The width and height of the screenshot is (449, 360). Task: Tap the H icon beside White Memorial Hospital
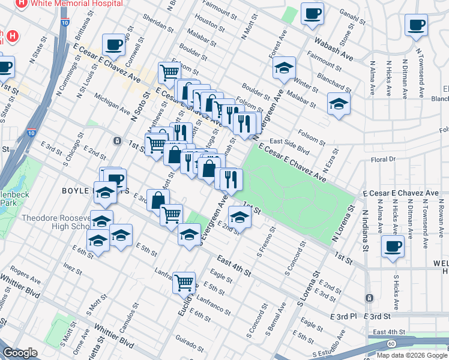(22, 3)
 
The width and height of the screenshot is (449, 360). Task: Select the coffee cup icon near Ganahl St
(312, 13)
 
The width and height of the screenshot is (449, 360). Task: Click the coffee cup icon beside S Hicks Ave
(393, 246)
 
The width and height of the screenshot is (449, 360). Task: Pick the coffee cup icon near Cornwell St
(113, 44)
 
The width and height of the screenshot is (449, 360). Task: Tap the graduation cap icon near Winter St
(285, 67)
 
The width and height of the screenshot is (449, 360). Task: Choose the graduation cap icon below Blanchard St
(339, 103)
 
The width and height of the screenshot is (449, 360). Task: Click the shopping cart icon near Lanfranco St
(184, 281)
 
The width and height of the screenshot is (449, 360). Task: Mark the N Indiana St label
(364, 232)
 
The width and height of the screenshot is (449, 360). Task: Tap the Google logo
(20, 353)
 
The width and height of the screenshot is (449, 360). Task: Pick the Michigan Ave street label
(112, 107)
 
